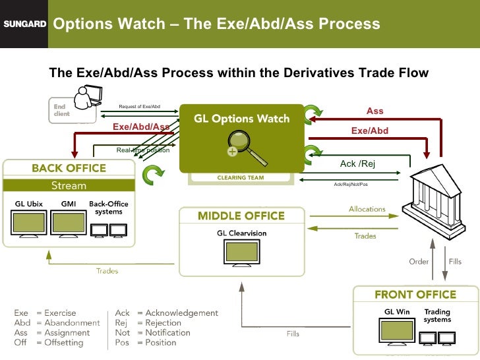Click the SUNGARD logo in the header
[24, 24]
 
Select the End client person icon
[85, 102]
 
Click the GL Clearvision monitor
[241, 252]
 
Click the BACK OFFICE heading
[69, 168]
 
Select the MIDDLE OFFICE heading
[241, 216]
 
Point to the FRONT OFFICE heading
[415, 294]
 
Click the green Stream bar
[69, 185]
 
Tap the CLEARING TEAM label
[241, 177]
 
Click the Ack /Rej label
[357, 164]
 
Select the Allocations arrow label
[367, 209]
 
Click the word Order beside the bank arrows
[419, 261]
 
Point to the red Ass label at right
[375, 111]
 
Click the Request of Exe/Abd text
[139, 106]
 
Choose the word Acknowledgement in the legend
[177, 313]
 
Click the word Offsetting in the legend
[63, 342]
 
